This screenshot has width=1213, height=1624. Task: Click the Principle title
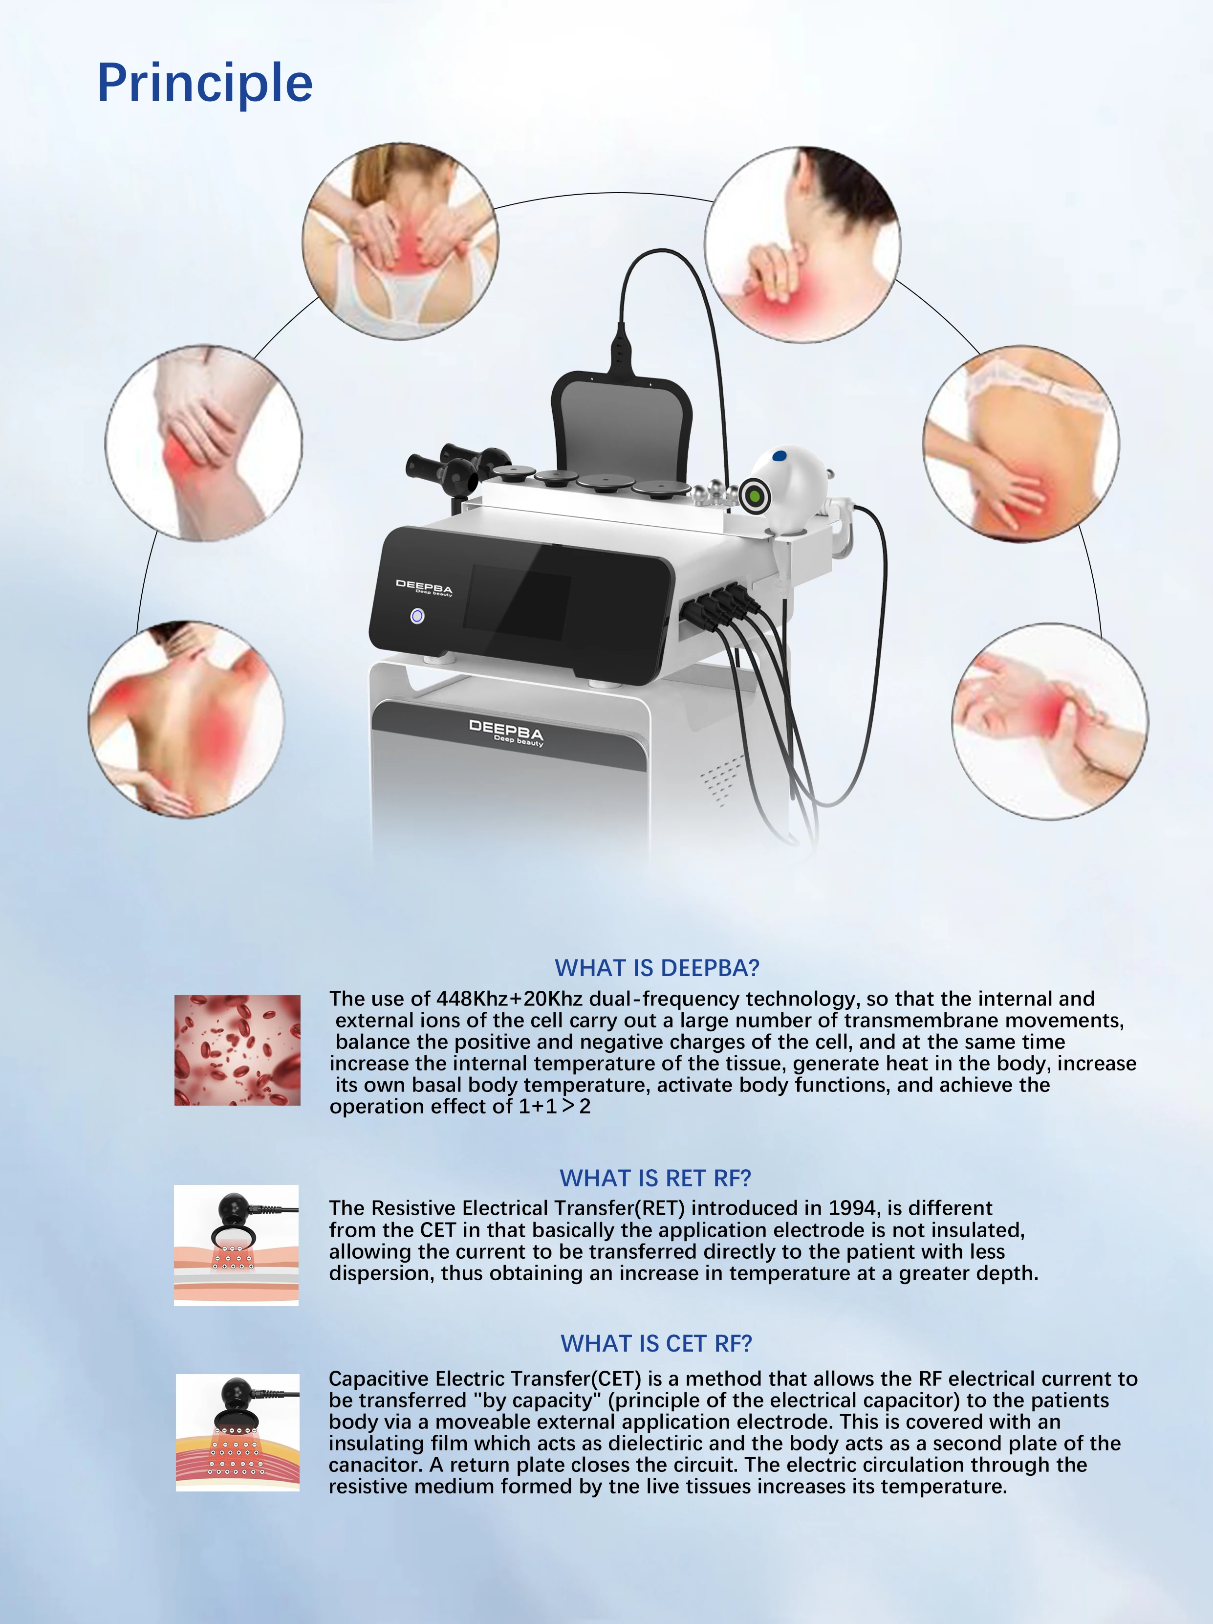coord(205,83)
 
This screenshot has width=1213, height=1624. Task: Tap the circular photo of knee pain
coord(203,444)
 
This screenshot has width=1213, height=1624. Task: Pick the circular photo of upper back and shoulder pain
coord(186,719)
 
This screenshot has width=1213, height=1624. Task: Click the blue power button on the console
coord(417,616)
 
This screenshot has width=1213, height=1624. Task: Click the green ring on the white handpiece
coord(754,497)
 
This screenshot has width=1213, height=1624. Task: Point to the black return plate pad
coord(622,426)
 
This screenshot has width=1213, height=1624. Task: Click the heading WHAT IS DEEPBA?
coord(657,968)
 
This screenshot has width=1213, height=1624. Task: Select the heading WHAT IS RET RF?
coord(655,1178)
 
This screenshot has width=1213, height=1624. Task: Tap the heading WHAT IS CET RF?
coord(656,1343)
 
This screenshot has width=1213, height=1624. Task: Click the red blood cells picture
coord(237,1050)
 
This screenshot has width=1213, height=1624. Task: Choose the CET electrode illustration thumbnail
coord(237,1432)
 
